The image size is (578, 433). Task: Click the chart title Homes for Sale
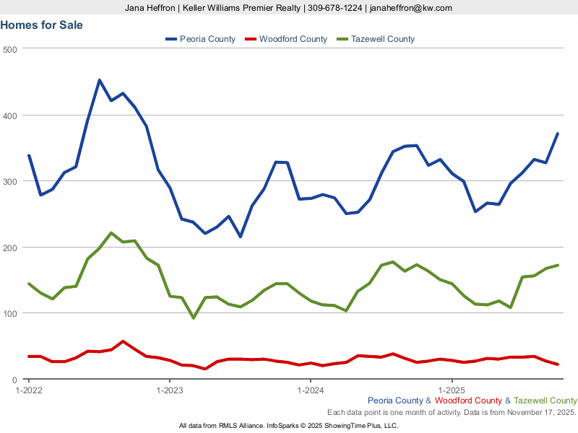[x=42, y=25]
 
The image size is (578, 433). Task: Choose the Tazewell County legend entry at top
[x=376, y=39]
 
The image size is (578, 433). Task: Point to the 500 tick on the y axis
[x=9, y=49]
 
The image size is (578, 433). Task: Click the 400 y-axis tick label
[x=9, y=115]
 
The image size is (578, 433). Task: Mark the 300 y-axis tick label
[x=9, y=181]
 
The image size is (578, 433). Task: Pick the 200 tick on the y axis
[x=9, y=248]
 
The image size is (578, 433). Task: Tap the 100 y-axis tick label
[x=9, y=313]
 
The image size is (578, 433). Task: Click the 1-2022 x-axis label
[x=29, y=390]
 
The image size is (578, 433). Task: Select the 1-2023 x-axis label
[x=170, y=390]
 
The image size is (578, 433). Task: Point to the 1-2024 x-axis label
[x=311, y=390]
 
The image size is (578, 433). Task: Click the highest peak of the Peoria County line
[x=99, y=80]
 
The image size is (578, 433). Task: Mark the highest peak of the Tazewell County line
[x=111, y=233]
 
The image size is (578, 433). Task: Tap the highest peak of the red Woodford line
[x=123, y=341]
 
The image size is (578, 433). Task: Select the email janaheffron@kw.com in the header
[x=410, y=8]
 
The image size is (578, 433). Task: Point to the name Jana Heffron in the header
[x=150, y=8]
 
